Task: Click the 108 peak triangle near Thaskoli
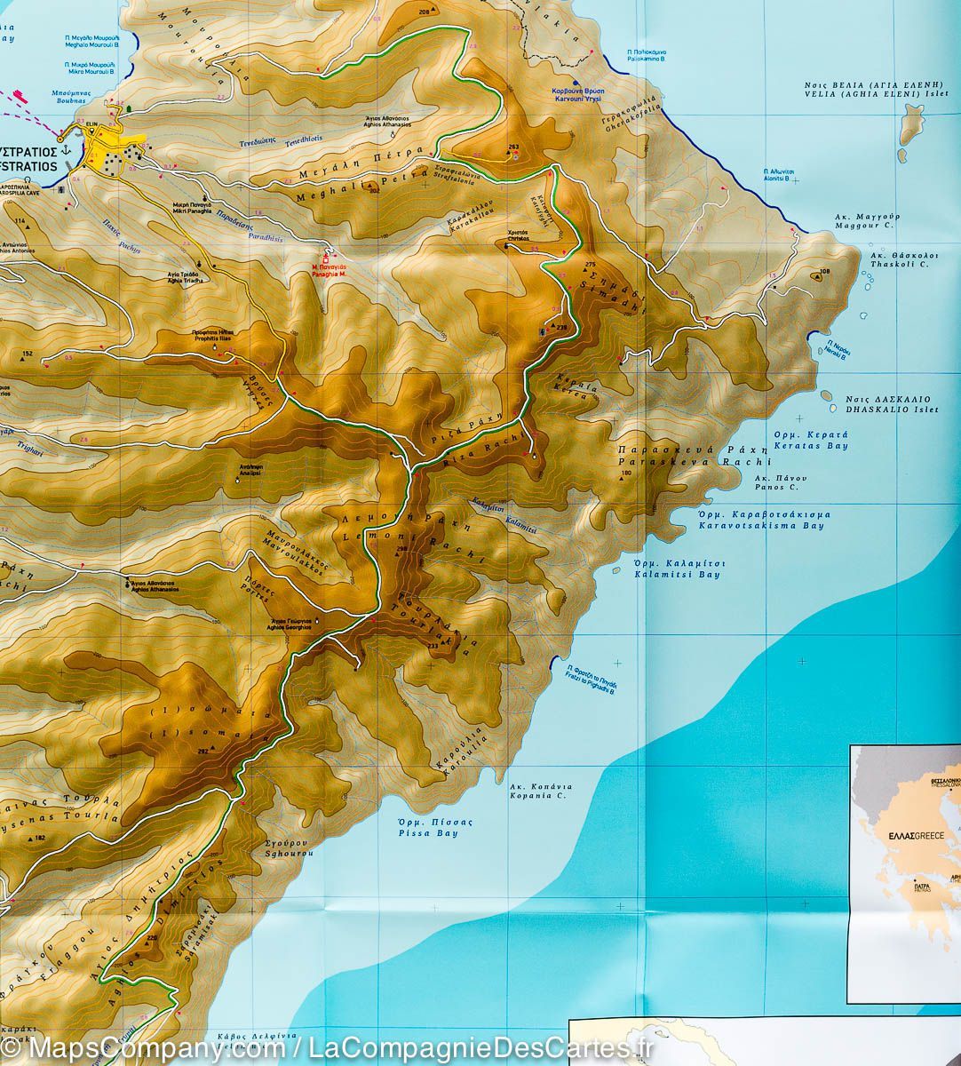coord(815,277)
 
